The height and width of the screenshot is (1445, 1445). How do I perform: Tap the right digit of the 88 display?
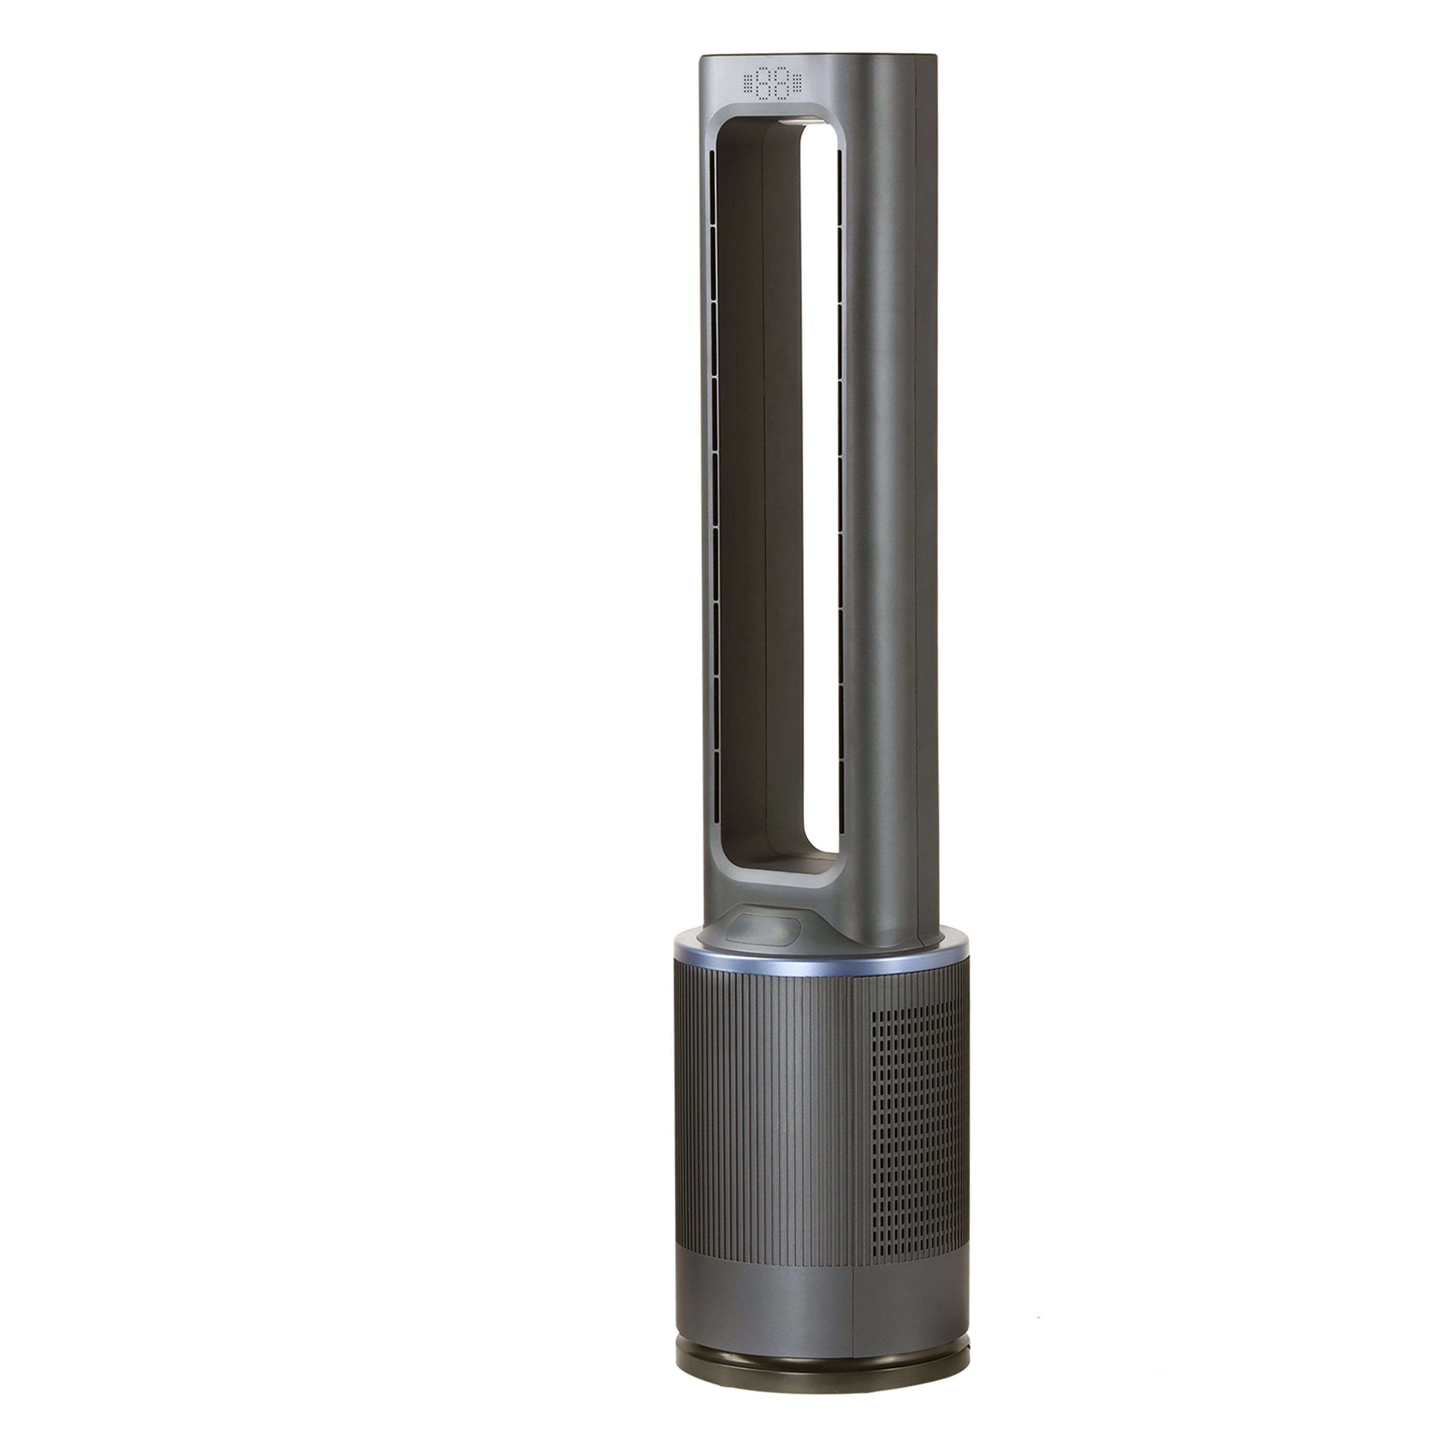click(x=782, y=83)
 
